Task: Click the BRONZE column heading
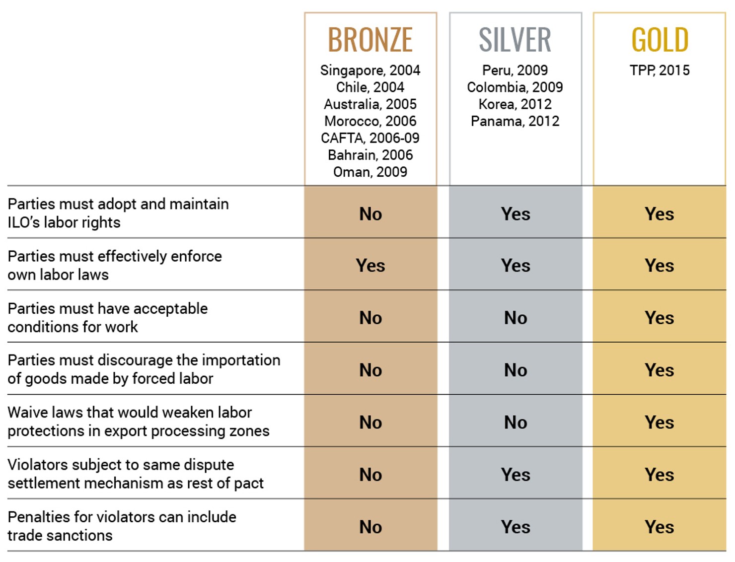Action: (370, 40)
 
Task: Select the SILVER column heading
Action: (515, 40)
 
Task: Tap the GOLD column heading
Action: (660, 40)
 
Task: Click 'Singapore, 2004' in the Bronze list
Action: (370, 70)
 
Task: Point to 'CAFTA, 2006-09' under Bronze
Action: (370, 138)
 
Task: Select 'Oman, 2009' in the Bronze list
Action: (370, 172)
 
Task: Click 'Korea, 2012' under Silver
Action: (515, 104)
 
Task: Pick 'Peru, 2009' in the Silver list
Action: (515, 70)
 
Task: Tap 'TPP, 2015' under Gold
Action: (660, 70)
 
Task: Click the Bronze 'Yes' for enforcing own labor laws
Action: (370, 266)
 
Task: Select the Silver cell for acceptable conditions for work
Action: (515, 318)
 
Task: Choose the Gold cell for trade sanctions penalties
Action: (660, 527)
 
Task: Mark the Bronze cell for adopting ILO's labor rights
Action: (370, 214)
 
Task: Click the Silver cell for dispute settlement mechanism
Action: (515, 475)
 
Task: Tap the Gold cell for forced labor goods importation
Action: (660, 370)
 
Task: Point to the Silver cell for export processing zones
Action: (515, 422)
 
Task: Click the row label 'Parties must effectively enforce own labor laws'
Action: (115, 265)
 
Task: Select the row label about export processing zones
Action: (138, 421)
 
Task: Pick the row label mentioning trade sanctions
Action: (122, 526)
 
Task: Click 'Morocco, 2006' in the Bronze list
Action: (370, 121)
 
